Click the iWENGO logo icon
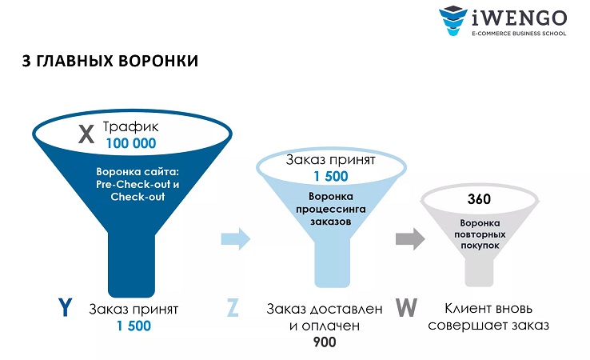pos(452,22)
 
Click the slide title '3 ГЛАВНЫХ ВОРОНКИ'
pos(110,62)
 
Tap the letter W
pos(407,308)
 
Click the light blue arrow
pos(236,238)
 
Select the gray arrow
pos(409,238)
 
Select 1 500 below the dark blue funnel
pos(133,326)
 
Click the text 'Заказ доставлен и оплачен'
pos(325,317)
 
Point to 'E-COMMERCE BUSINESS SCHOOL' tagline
pos(520,34)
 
